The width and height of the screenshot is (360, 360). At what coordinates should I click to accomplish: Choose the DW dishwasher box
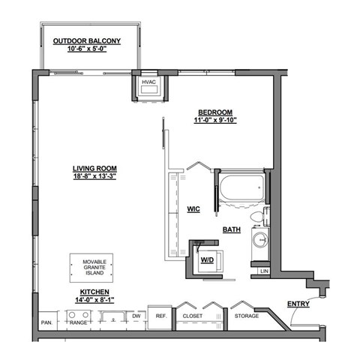pyautogui.click(x=136, y=316)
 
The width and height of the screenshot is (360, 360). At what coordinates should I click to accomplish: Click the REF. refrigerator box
pyautogui.click(x=160, y=316)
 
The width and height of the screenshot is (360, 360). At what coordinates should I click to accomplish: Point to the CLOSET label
pyautogui.click(x=193, y=316)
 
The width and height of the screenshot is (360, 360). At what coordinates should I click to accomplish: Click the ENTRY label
pyautogui.click(x=298, y=304)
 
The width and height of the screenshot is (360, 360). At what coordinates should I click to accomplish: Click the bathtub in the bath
pyautogui.click(x=241, y=188)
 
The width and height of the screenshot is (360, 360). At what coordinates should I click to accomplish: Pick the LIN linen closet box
pyautogui.click(x=264, y=270)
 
